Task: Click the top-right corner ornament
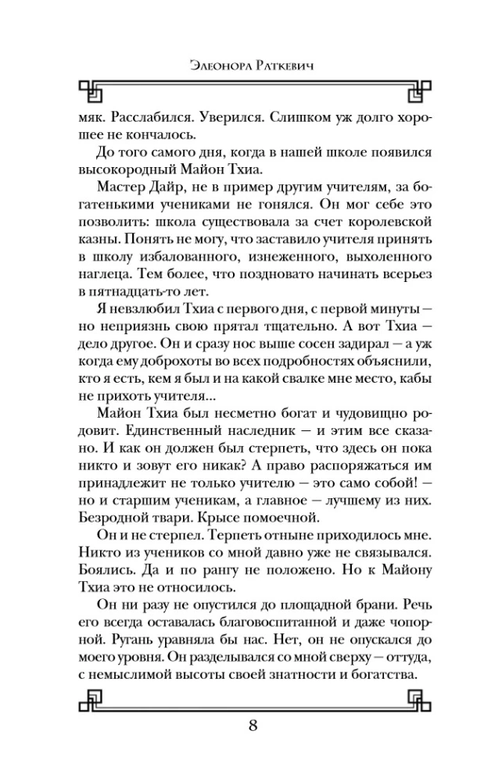tap(415, 90)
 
